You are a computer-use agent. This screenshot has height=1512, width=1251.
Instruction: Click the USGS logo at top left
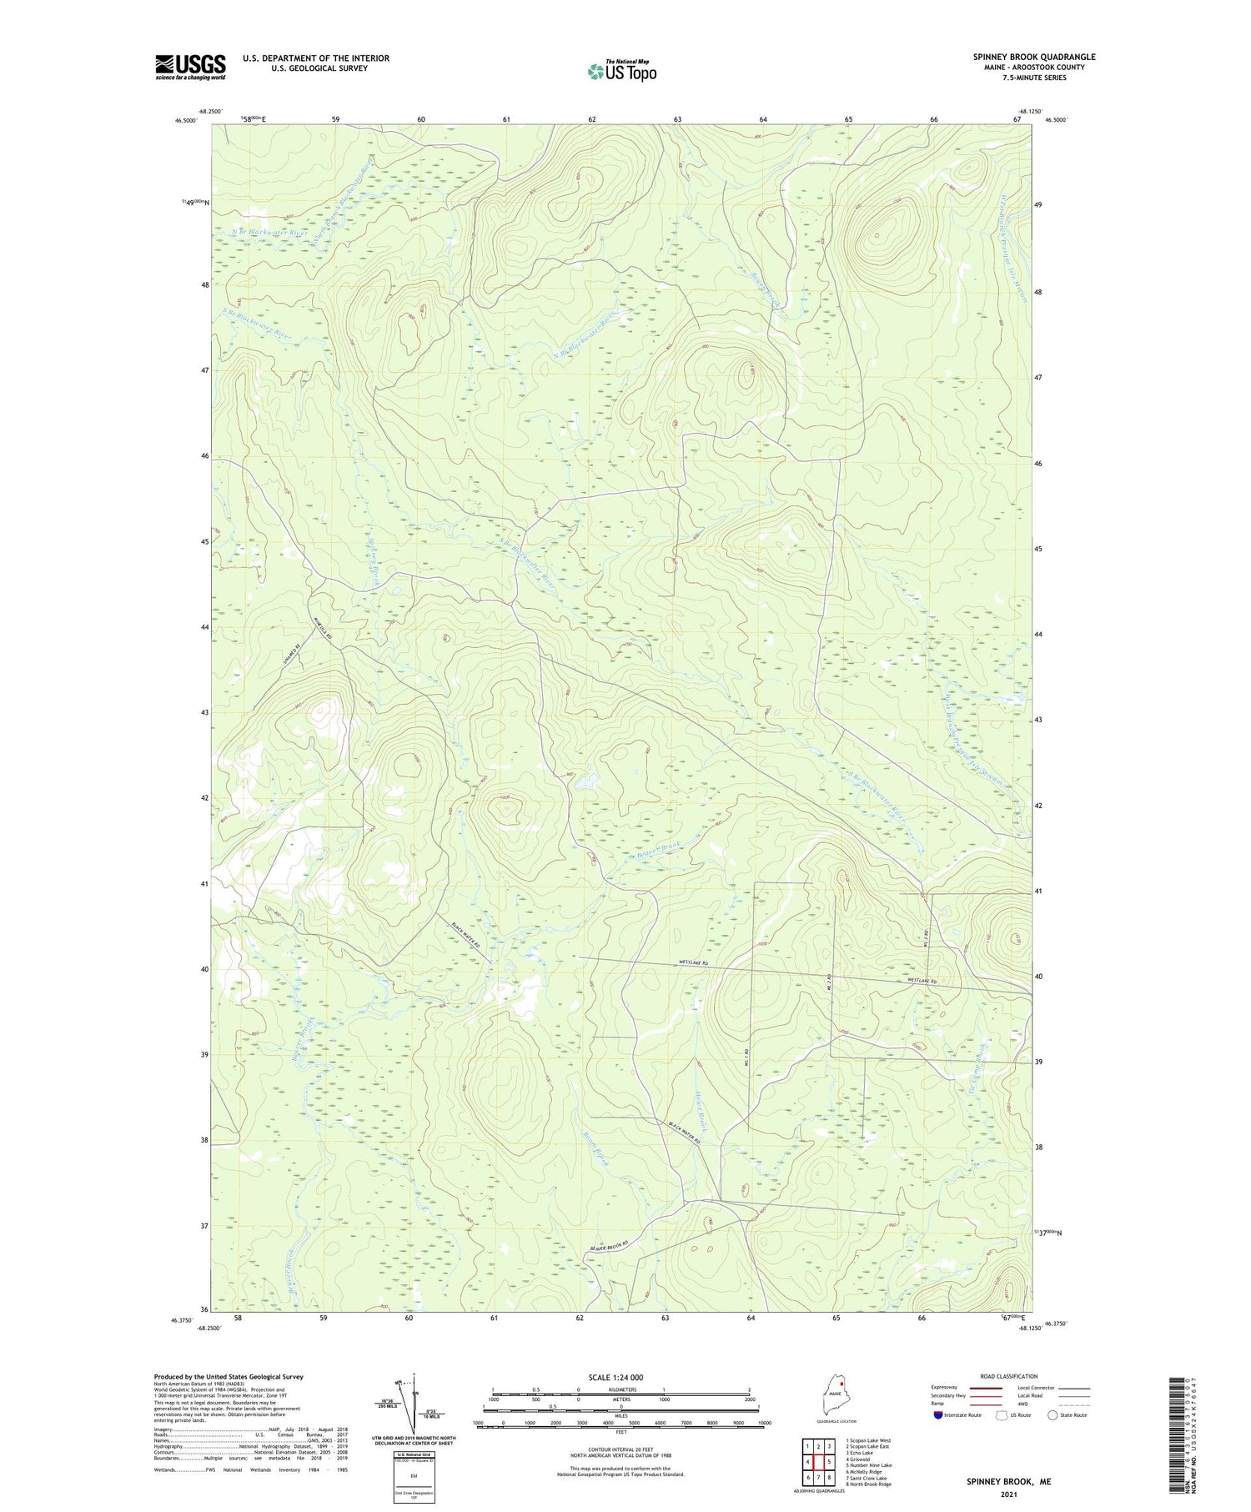tap(190, 67)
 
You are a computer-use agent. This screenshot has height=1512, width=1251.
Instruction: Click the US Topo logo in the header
tap(622, 72)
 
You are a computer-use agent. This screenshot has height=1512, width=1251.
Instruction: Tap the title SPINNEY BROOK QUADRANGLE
tap(1033, 57)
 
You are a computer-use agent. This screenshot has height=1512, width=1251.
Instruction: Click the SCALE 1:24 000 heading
tap(620, 1377)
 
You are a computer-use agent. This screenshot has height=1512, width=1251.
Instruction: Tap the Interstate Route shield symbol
tap(938, 1415)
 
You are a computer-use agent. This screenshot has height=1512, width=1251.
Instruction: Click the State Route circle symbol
tap(1053, 1415)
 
